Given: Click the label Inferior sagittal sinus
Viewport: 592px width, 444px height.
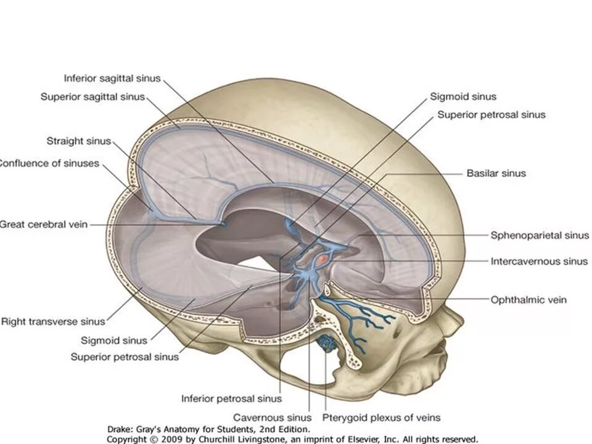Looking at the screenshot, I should click(112, 78).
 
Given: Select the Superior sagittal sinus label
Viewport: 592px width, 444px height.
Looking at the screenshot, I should click(92, 97).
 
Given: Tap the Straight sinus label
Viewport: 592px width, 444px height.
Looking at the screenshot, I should click(79, 141).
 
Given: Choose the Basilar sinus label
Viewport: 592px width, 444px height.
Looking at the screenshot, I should click(496, 173).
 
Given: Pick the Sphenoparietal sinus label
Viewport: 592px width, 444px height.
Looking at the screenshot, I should click(540, 235).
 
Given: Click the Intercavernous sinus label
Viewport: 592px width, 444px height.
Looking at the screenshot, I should click(539, 261).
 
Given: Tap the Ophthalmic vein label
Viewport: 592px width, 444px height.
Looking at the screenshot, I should click(528, 300).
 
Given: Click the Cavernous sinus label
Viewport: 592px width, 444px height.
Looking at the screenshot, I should click(273, 417).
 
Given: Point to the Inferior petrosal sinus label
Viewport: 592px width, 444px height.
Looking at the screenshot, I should click(231, 398).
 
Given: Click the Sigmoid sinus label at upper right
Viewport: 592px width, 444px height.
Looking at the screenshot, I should click(463, 96).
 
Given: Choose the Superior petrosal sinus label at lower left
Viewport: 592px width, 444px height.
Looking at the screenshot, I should click(125, 356).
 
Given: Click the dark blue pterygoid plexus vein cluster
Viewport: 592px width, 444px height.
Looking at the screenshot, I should click(327, 343).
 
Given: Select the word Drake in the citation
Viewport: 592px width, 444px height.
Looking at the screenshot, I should click(121, 429).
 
